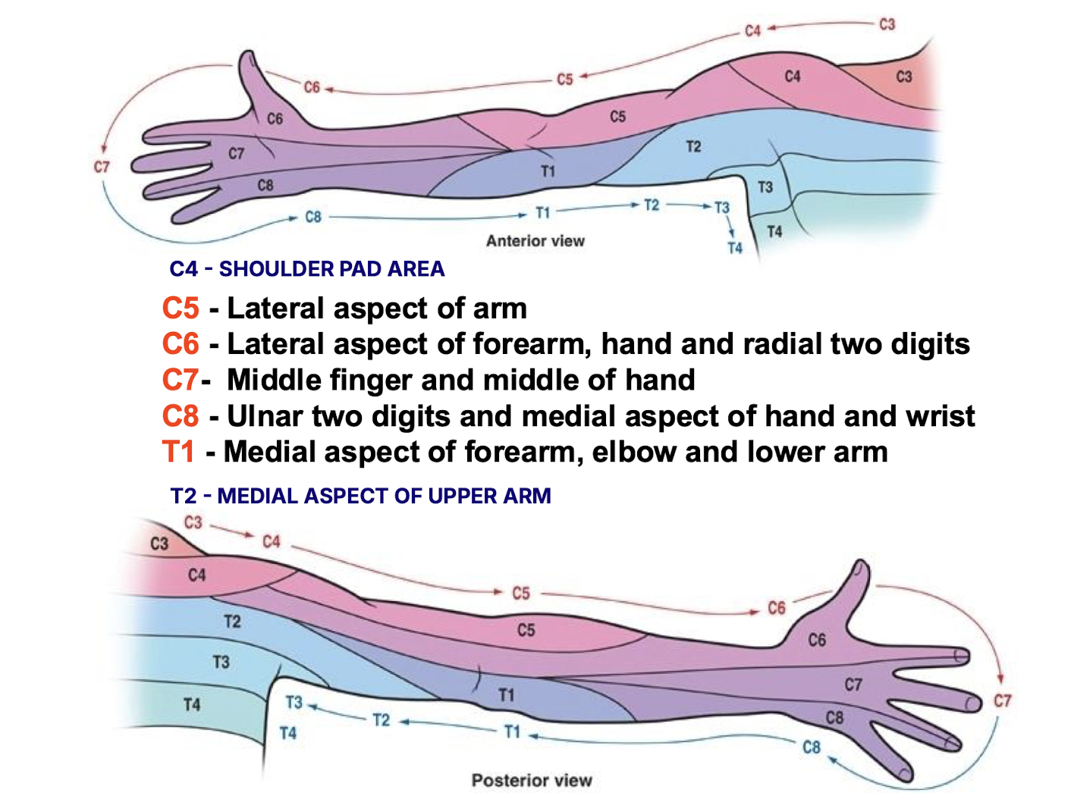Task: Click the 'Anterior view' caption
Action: point(535,241)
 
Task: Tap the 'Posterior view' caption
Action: point(531,780)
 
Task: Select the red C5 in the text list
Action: point(181,309)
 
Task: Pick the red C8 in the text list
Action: point(181,416)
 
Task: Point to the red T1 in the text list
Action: point(178,452)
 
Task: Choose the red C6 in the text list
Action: point(181,344)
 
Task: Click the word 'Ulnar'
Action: point(265,416)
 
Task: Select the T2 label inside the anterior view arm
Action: point(693,146)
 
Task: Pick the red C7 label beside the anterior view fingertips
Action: point(102,167)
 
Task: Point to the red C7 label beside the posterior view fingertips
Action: point(1002,700)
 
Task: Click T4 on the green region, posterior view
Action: point(192,705)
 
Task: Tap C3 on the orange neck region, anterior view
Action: point(903,77)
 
